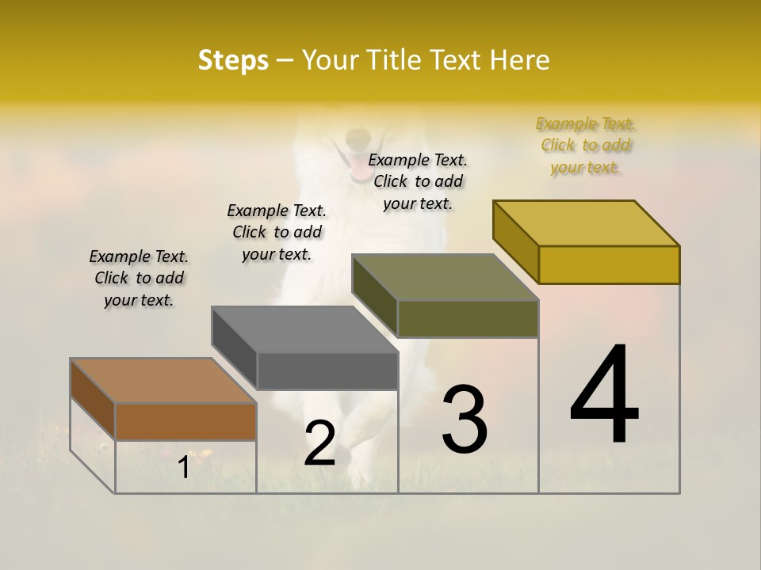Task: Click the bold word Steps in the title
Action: (233, 60)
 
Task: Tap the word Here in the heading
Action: (520, 60)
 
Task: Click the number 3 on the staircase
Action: (465, 420)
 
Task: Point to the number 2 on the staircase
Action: (319, 443)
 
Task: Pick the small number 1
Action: (183, 467)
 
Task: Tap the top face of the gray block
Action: (305, 329)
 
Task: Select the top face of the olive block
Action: (446, 277)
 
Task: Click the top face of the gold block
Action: (587, 222)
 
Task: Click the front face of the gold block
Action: (609, 264)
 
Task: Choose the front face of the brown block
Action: (185, 421)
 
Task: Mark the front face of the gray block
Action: (327, 370)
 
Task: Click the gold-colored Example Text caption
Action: (585, 146)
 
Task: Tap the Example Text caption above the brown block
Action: (139, 278)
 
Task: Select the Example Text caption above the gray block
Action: (277, 232)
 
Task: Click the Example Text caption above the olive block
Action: (418, 181)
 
